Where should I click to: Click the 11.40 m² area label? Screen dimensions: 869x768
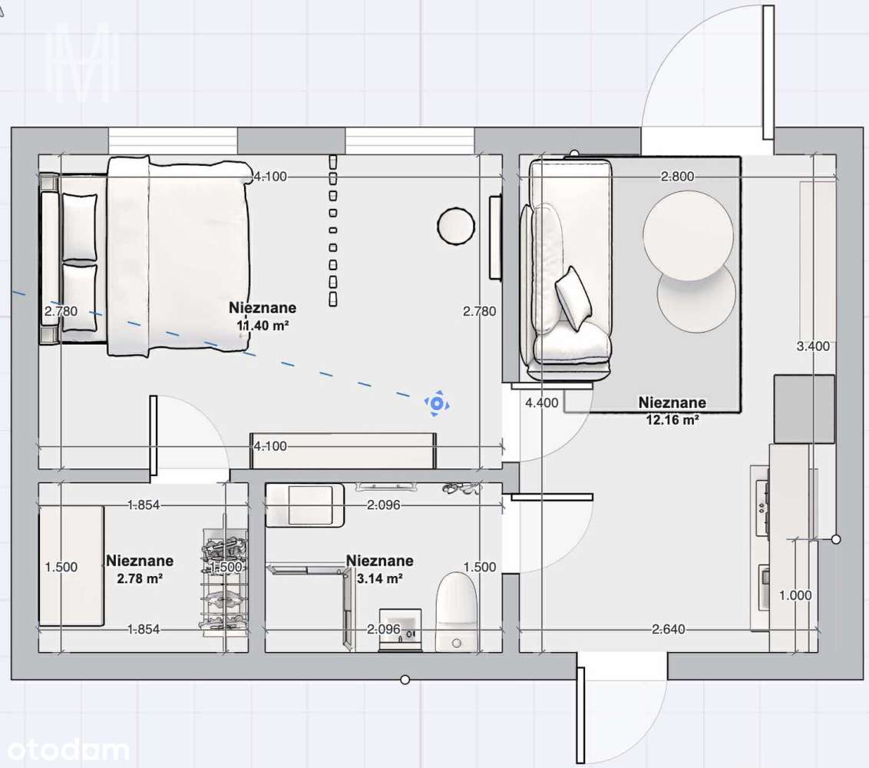click(263, 326)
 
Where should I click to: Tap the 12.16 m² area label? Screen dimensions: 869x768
click(672, 420)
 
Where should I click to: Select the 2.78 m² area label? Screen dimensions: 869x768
click(140, 578)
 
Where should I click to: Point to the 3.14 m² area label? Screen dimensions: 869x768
click(380, 578)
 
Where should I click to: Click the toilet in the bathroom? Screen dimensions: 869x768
click(456, 611)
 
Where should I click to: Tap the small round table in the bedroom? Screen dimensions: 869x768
click(456, 226)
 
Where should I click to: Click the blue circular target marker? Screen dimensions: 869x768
click(437, 404)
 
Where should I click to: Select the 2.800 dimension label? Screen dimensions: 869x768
click(677, 177)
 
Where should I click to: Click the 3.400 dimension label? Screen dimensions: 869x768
click(813, 346)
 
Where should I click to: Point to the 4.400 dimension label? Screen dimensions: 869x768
click(541, 402)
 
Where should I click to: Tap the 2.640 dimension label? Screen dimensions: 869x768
click(668, 629)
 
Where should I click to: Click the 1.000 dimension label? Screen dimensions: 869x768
click(795, 595)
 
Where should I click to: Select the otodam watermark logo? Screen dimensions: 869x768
click(68, 751)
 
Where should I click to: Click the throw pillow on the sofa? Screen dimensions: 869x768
click(574, 299)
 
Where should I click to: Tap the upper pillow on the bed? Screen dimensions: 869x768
click(80, 227)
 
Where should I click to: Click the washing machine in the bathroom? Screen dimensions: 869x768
click(305, 505)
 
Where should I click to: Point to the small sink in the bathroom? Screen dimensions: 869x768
click(400, 629)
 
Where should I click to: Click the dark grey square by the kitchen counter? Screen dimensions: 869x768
click(805, 409)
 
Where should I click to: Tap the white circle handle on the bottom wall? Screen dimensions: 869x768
click(405, 679)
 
